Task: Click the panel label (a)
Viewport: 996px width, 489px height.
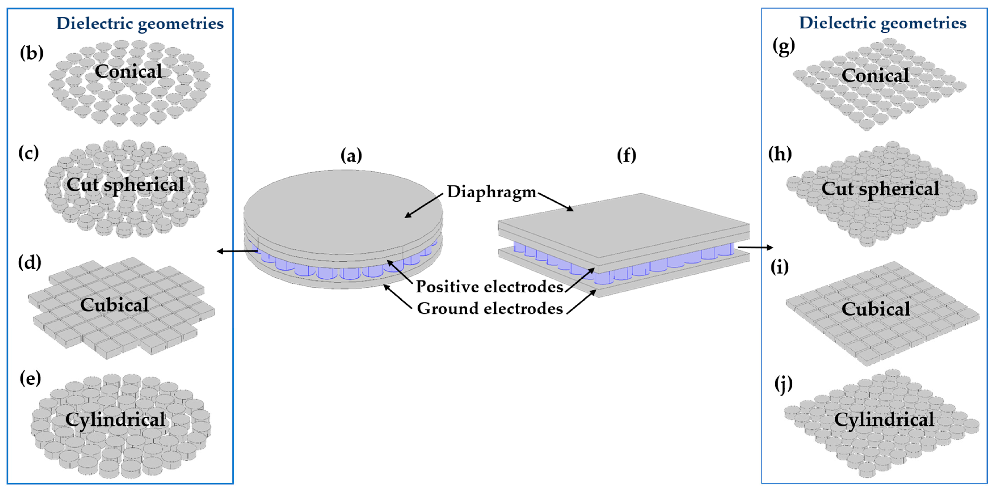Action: click(x=351, y=156)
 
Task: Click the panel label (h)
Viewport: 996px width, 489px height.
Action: click(x=779, y=154)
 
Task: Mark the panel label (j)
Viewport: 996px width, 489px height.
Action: click(x=783, y=384)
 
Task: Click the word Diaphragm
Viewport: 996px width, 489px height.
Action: click(x=491, y=192)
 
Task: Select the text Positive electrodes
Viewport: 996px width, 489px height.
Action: click(x=489, y=287)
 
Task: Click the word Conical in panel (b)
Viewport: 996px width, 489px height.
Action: click(x=128, y=71)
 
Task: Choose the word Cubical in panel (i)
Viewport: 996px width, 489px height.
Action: click(x=876, y=309)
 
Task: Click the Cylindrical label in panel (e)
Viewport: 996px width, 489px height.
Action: click(x=115, y=420)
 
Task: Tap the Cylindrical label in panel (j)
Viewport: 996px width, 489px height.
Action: click(x=884, y=420)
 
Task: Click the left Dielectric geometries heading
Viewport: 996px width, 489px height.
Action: click(x=140, y=24)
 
